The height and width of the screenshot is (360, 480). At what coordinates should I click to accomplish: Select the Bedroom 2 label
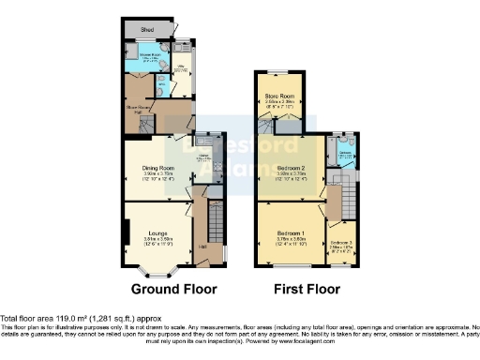[x=291, y=167]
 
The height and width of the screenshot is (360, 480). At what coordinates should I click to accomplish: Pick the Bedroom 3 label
[x=341, y=242]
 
